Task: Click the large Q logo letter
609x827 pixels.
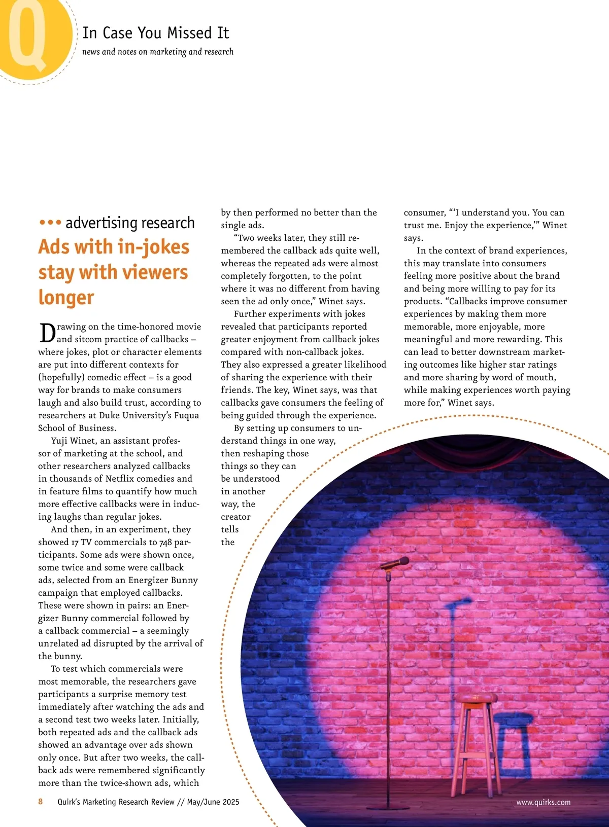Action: coord(28,35)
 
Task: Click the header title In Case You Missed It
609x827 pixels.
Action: coord(156,33)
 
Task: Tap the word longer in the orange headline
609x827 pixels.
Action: coord(66,298)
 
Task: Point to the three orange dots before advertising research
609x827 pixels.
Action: coord(50,223)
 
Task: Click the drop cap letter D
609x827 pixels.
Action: coord(47,333)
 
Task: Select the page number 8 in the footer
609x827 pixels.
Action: coord(41,802)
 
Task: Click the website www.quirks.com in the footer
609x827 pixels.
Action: coord(543,802)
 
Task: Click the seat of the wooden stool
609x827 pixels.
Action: coord(477,699)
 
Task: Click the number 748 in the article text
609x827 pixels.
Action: coord(166,542)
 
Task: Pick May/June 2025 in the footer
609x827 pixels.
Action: coord(213,802)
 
